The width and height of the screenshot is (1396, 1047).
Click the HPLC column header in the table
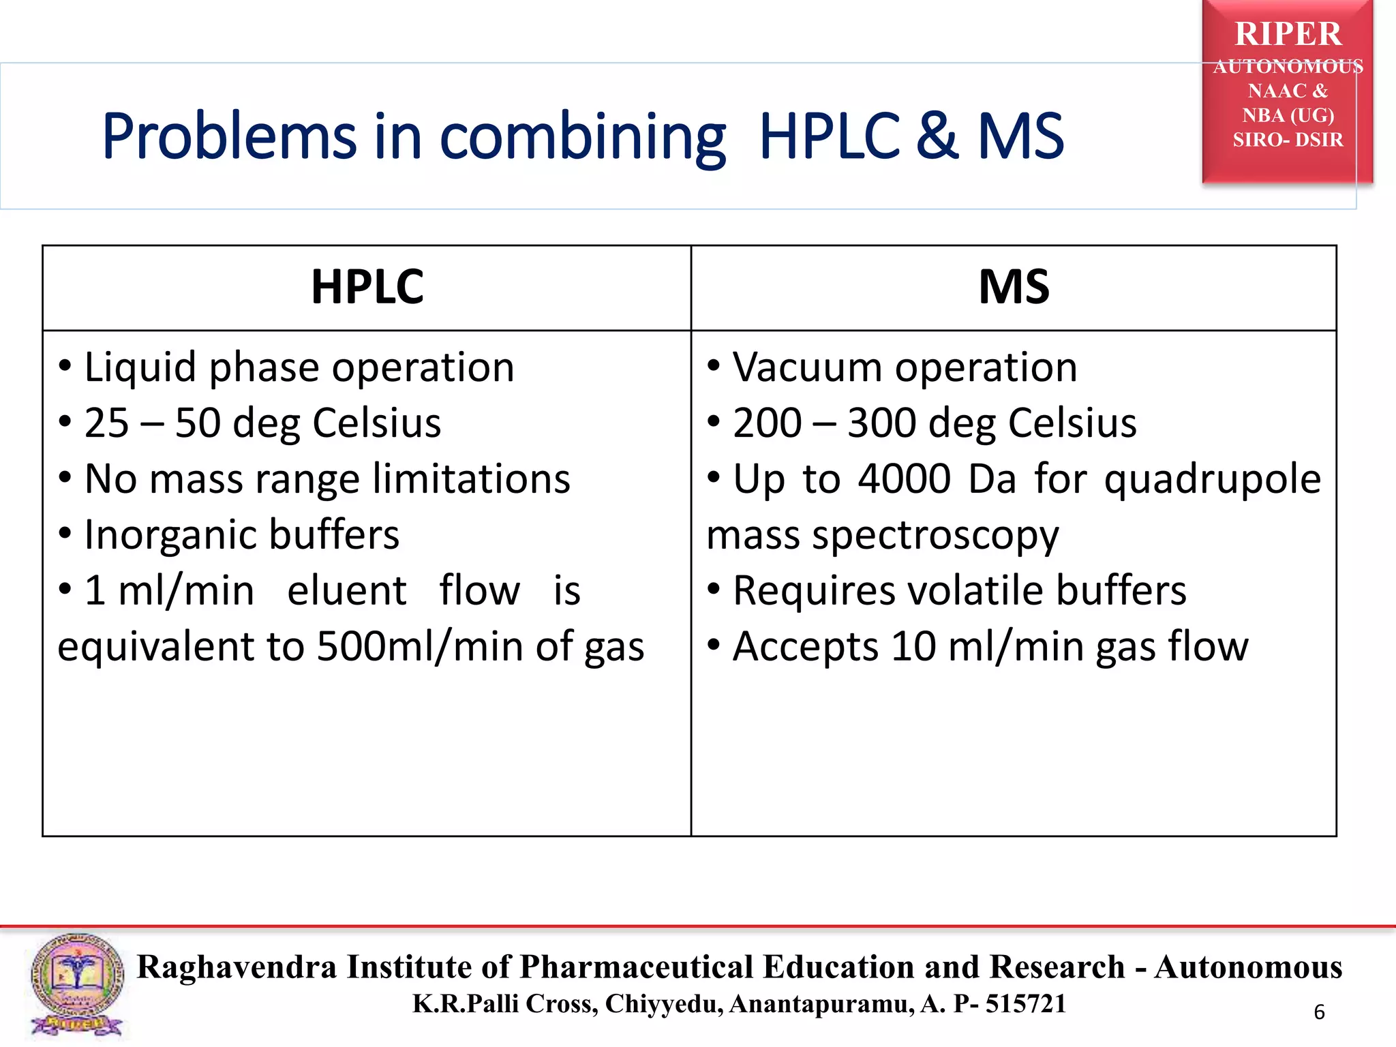point(367,287)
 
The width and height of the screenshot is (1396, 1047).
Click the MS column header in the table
point(1014,287)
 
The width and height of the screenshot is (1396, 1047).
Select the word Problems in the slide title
point(228,137)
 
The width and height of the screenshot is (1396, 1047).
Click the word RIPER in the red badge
point(1288,34)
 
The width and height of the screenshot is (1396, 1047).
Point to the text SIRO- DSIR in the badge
point(1288,140)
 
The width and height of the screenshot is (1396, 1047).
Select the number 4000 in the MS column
point(904,479)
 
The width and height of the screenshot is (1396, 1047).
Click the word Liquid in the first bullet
point(140,369)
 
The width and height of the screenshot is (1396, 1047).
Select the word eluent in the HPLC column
point(346,591)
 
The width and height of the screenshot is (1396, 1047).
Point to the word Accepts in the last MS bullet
point(805,648)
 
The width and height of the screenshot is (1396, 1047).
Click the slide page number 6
point(1319,1012)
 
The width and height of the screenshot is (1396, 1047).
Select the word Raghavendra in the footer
point(237,967)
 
